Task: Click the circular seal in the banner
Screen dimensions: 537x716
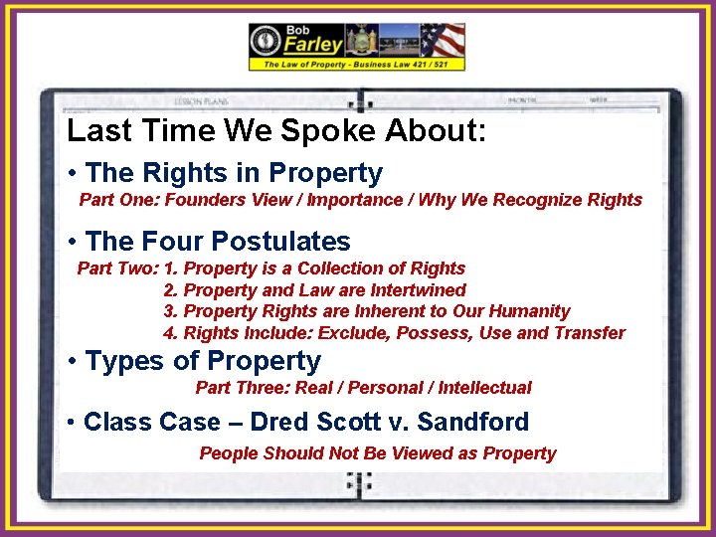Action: pos(268,41)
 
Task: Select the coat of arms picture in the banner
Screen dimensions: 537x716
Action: pos(358,40)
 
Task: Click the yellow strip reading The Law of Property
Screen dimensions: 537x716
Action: pos(356,64)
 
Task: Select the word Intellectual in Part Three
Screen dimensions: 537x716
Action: pos(484,388)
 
